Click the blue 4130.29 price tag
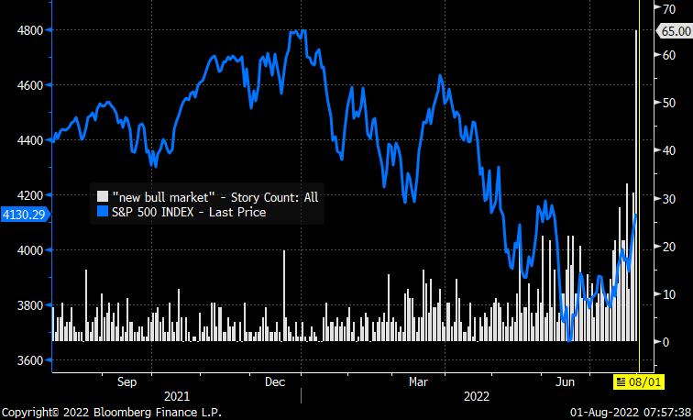[x=25, y=214]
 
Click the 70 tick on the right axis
[x=658, y=7]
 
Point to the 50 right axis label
[x=658, y=103]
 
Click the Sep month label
[x=127, y=381]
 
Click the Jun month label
[x=568, y=381]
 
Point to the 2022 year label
[x=477, y=396]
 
